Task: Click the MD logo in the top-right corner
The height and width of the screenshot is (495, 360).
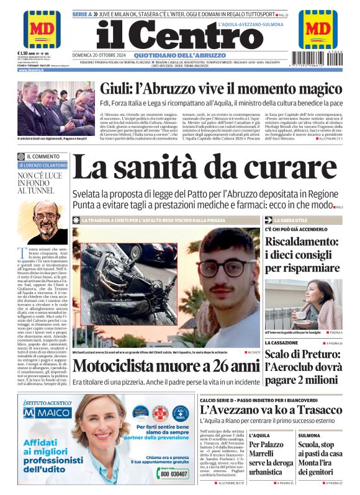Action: click(x=318, y=29)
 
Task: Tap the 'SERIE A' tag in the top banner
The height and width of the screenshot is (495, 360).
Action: click(x=82, y=13)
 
